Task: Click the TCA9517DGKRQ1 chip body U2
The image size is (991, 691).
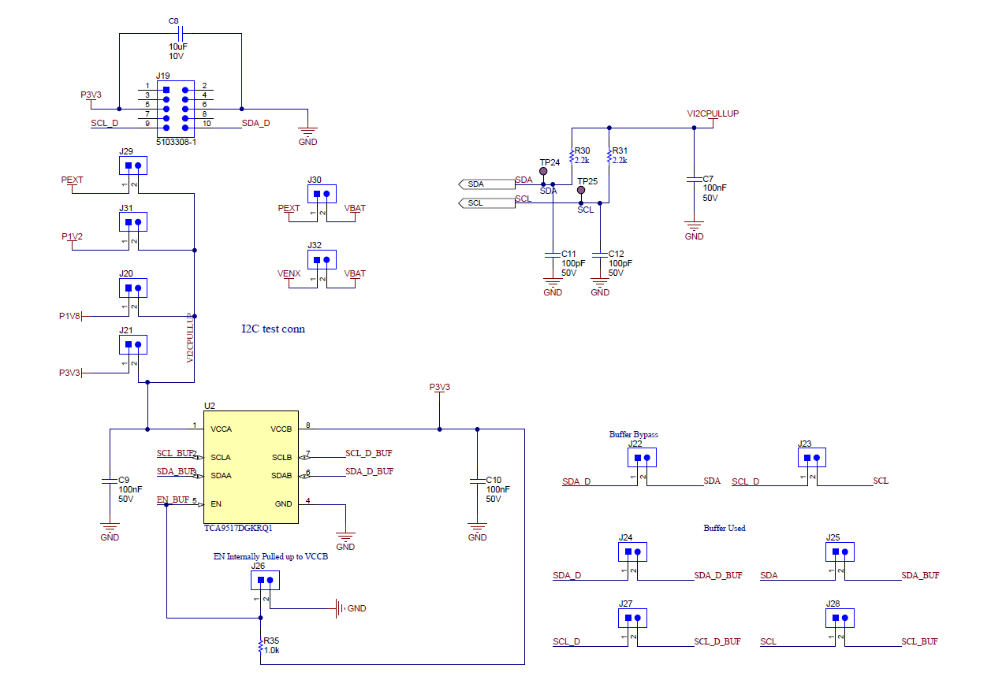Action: coord(251,466)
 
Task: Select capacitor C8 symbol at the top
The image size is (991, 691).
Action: coord(181,34)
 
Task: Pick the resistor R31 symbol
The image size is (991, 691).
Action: coord(609,158)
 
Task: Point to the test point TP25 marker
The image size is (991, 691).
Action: coord(582,191)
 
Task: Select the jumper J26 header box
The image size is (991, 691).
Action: coord(265,581)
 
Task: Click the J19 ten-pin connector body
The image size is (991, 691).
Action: coord(175,108)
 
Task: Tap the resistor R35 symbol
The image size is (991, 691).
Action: coord(260,647)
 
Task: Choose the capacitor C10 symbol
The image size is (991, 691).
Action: coord(477,480)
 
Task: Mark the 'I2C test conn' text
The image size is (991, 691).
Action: coord(273,329)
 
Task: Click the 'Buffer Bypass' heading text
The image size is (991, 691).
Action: coord(633,434)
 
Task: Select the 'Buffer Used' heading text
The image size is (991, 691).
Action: coord(724,528)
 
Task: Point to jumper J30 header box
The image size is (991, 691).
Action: coord(322,193)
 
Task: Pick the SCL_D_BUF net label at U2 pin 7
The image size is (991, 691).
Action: coord(368,453)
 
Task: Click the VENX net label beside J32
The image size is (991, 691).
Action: coord(289,273)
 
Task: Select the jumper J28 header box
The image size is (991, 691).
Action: coord(840,618)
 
